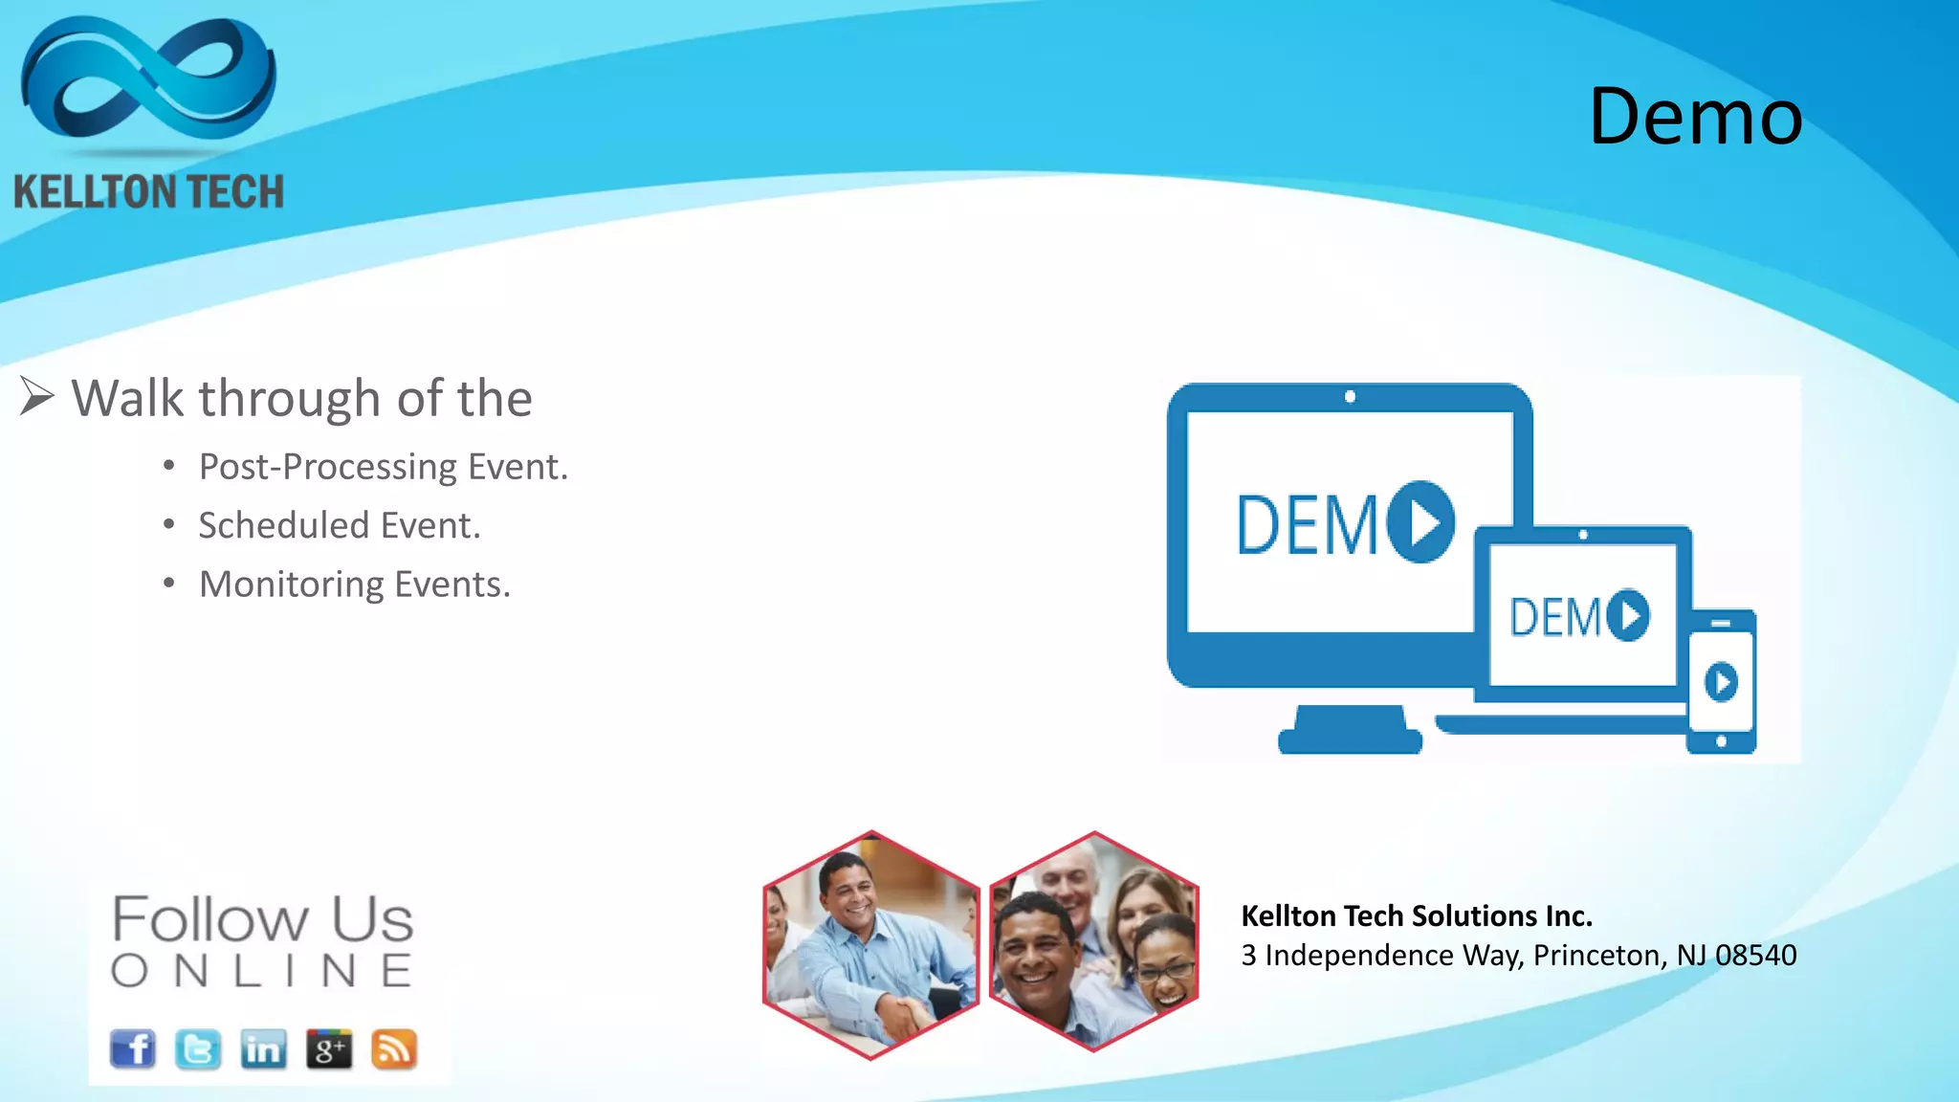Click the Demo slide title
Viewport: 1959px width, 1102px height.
pyautogui.click(x=1695, y=117)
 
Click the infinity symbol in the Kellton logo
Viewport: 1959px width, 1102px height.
pyautogui.click(x=148, y=81)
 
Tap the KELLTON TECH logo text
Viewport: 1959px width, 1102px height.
pyautogui.click(x=148, y=191)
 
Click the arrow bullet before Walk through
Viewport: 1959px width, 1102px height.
pyautogui.click(x=36, y=397)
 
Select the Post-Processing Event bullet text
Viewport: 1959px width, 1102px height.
pyautogui.click(x=383, y=467)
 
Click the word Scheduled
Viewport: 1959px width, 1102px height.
pyautogui.click(x=283, y=525)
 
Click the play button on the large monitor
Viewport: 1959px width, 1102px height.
pyautogui.click(x=1421, y=522)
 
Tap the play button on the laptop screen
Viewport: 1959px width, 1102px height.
pyautogui.click(x=1628, y=615)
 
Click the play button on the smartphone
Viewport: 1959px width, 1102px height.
pyautogui.click(x=1721, y=683)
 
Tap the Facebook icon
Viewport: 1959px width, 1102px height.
pyautogui.click(x=133, y=1049)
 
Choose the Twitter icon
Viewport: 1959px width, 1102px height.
pyautogui.click(x=198, y=1049)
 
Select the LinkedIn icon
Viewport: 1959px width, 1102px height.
pyautogui.click(x=263, y=1049)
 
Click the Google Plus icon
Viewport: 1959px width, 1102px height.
pyautogui.click(x=329, y=1049)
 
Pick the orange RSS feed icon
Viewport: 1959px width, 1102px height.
pyautogui.click(x=394, y=1049)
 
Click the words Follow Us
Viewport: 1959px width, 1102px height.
pyautogui.click(x=262, y=919)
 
